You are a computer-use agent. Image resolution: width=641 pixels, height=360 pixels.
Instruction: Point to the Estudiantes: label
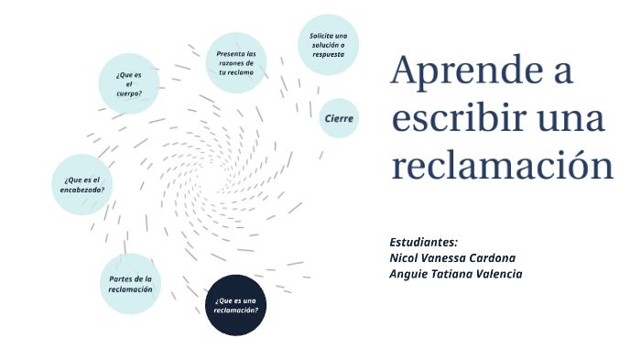(x=423, y=243)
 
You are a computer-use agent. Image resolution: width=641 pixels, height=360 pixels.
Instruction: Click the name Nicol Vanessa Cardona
(x=452, y=258)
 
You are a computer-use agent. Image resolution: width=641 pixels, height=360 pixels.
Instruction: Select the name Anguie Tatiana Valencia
(x=455, y=274)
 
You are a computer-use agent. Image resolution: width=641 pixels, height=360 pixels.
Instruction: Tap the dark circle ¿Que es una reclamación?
(x=236, y=305)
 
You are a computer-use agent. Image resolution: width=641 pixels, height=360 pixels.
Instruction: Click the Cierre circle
(x=339, y=118)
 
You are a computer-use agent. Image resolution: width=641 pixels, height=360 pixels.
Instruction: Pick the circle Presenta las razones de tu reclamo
(x=236, y=63)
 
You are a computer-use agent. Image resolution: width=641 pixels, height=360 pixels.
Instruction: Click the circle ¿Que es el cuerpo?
(x=129, y=83)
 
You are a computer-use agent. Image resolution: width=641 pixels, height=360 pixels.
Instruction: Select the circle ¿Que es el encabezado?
(x=82, y=184)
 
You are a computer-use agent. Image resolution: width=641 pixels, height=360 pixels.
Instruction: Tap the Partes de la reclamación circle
(x=130, y=284)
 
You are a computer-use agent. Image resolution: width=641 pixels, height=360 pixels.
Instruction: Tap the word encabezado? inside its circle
(x=83, y=190)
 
